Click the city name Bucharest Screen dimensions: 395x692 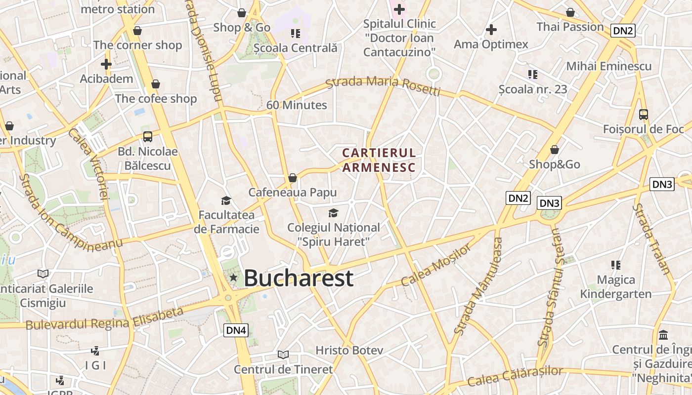click(299, 278)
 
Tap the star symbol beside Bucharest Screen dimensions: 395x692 click(233, 278)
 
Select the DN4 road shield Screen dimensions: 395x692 click(236, 330)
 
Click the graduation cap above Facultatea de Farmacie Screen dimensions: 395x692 click(226, 200)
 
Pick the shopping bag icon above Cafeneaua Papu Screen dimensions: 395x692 click(293, 178)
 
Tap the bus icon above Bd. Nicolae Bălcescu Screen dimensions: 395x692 click(147, 137)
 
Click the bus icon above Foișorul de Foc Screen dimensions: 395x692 click(643, 115)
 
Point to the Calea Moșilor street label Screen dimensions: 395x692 click(436, 265)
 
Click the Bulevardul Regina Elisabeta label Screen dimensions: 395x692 click(104, 318)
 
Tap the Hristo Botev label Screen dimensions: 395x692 click(349, 351)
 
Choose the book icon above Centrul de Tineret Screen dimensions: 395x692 click(283, 355)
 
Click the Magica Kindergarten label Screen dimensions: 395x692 click(616, 287)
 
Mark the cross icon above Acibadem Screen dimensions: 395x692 click(106, 64)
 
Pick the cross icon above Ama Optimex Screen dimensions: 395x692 click(491, 30)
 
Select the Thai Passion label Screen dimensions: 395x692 click(570, 27)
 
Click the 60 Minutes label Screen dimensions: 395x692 click(297, 105)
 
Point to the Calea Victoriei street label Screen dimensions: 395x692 click(88, 163)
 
